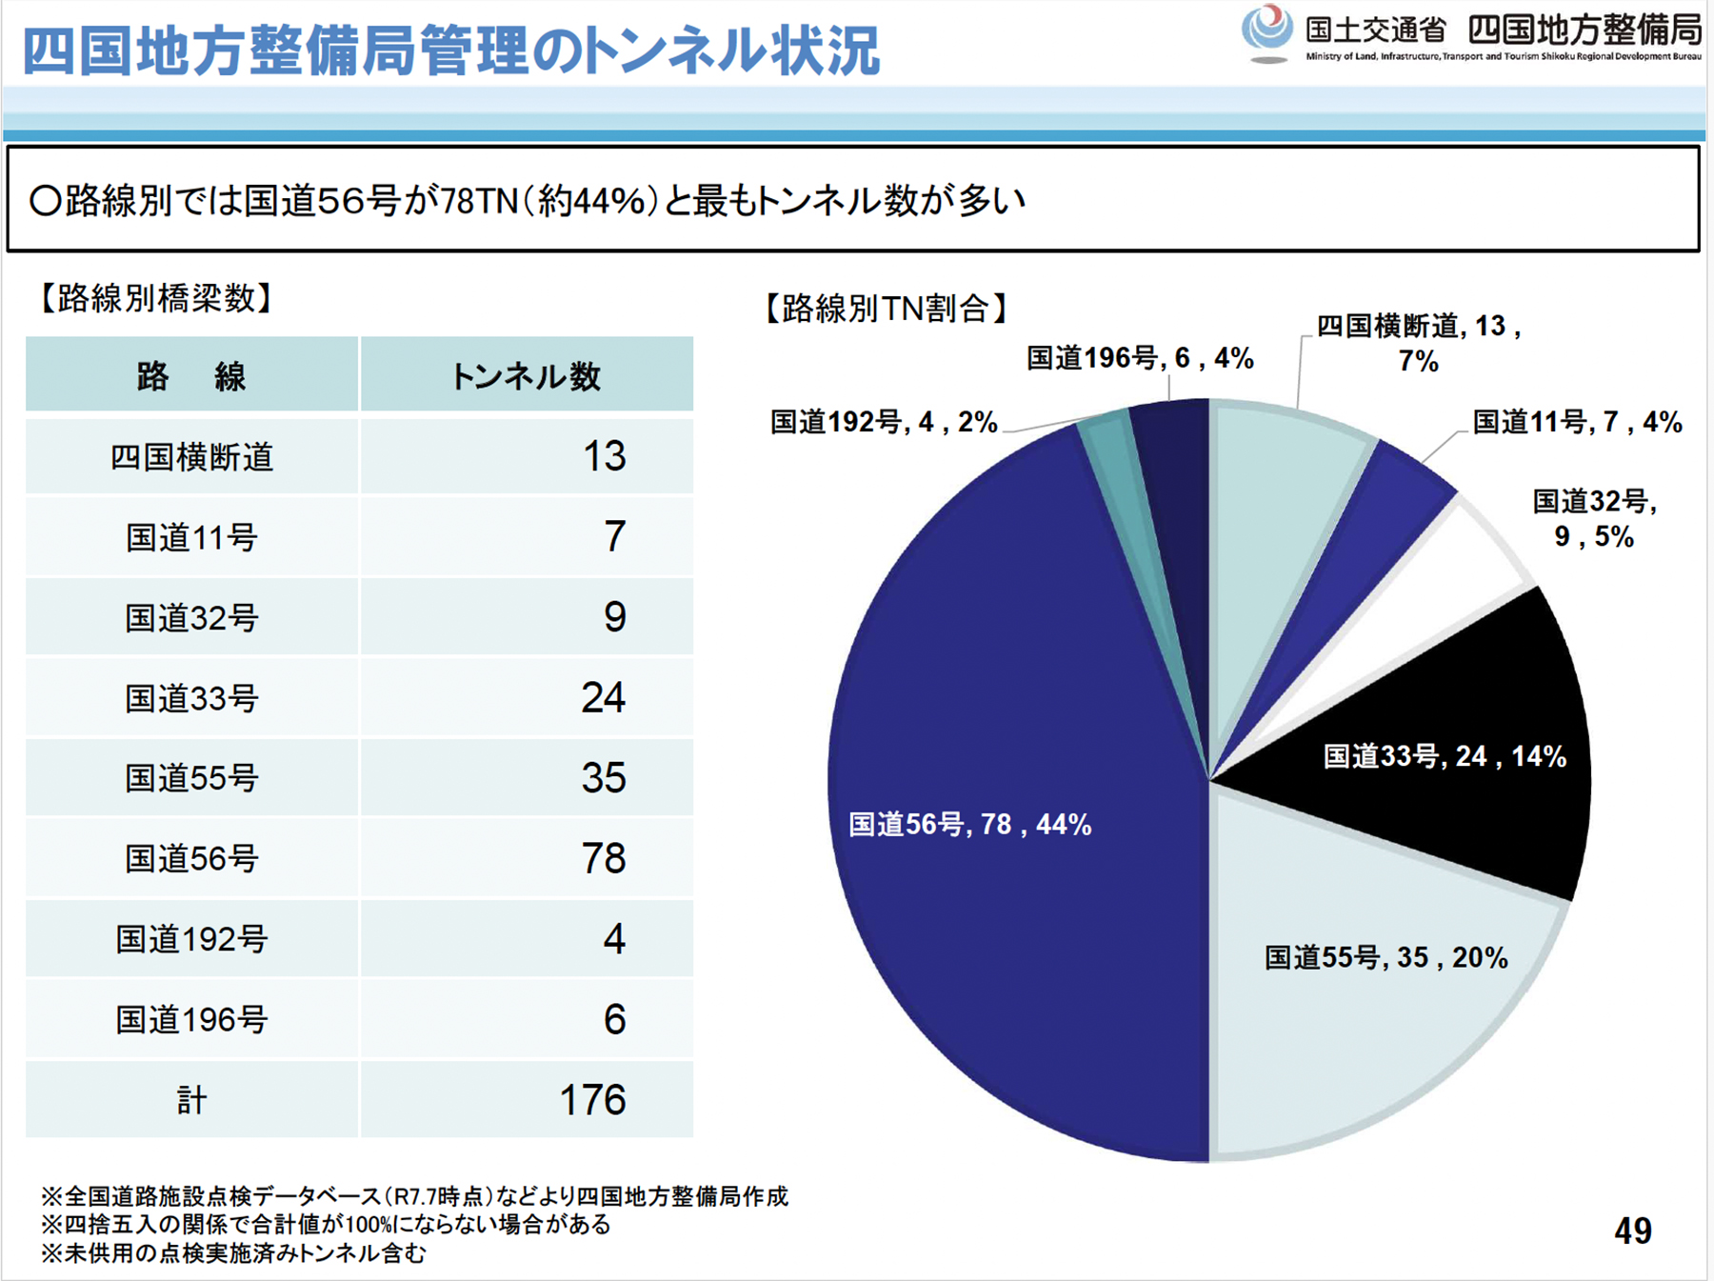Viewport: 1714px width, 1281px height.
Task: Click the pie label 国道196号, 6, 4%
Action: click(1140, 358)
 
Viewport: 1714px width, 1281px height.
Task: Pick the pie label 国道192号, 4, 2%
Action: click(883, 422)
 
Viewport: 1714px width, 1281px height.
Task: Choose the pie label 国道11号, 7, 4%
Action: click(1577, 422)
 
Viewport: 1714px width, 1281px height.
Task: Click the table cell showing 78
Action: click(604, 858)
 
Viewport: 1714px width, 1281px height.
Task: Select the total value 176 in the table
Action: click(592, 1100)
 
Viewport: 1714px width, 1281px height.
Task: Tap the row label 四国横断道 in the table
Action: click(191, 457)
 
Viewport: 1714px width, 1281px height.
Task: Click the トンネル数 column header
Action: click(526, 376)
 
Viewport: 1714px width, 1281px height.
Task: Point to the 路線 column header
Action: click(191, 376)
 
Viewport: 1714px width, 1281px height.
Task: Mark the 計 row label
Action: click(191, 1100)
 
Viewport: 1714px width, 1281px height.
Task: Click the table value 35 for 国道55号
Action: click(604, 778)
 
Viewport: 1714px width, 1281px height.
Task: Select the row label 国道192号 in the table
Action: click(191, 939)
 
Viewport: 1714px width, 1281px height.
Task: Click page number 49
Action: click(1632, 1231)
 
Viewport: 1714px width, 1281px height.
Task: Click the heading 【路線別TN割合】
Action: click(886, 309)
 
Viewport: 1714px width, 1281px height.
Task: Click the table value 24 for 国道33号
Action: click(604, 698)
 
